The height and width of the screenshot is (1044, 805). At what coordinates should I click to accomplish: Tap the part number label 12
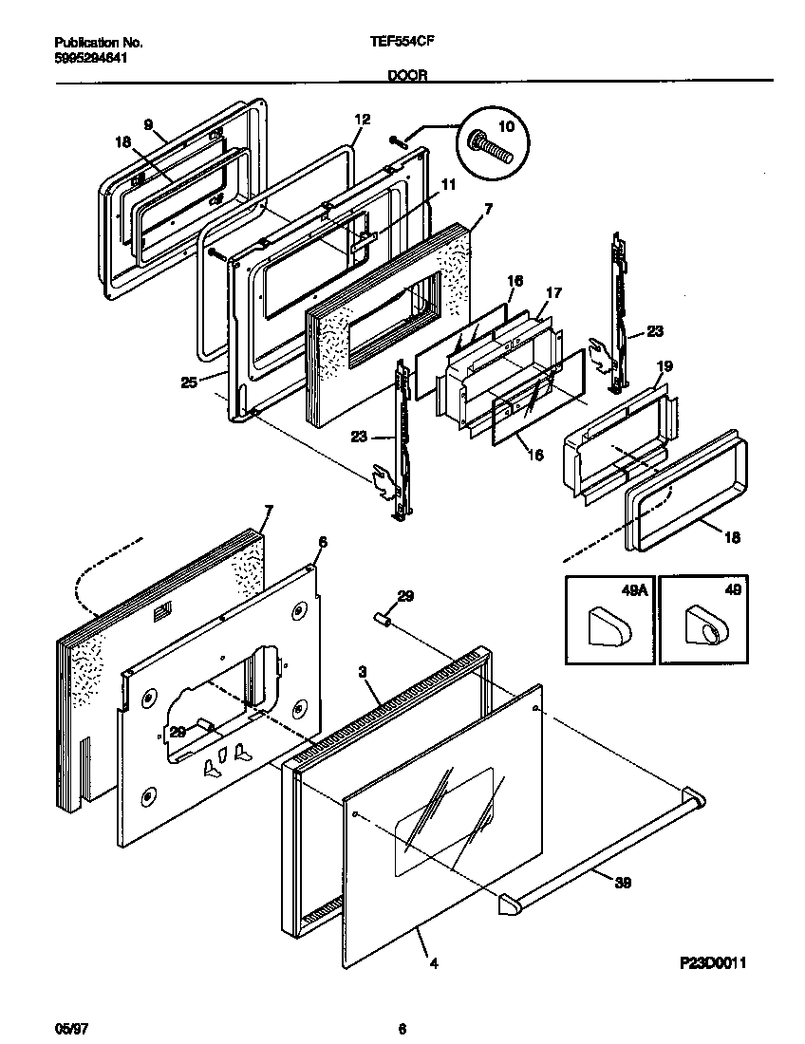point(362,120)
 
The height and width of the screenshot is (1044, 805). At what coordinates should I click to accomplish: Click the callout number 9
point(148,124)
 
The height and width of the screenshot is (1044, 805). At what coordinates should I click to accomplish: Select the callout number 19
point(665,365)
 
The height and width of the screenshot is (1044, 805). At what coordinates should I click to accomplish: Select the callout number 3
point(363,671)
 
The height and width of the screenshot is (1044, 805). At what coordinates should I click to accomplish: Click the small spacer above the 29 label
point(384,620)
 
